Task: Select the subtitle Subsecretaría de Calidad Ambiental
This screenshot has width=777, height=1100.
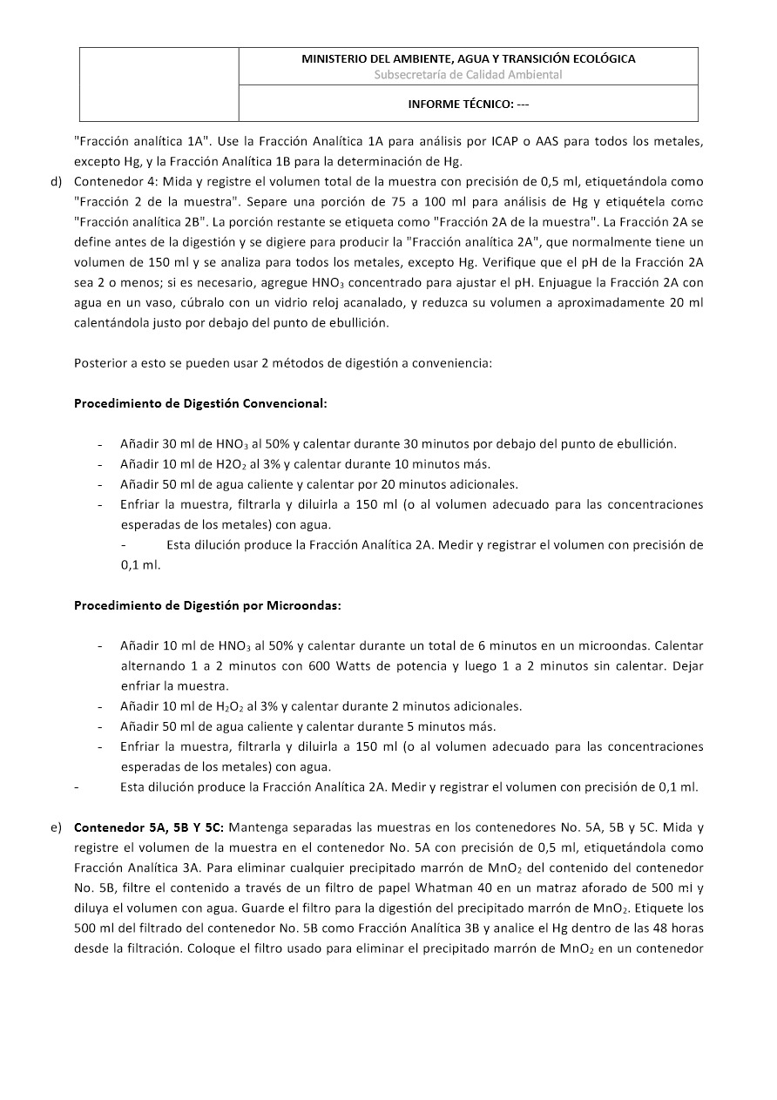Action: tap(468, 75)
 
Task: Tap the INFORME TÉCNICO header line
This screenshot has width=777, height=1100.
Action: tap(469, 104)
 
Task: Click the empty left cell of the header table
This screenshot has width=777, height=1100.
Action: tap(159, 84)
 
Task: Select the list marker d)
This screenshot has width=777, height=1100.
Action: tap(57, 181)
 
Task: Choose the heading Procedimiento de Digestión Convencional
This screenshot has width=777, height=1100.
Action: tap(200, 403)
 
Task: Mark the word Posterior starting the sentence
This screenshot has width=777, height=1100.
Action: tap(100, 363)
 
